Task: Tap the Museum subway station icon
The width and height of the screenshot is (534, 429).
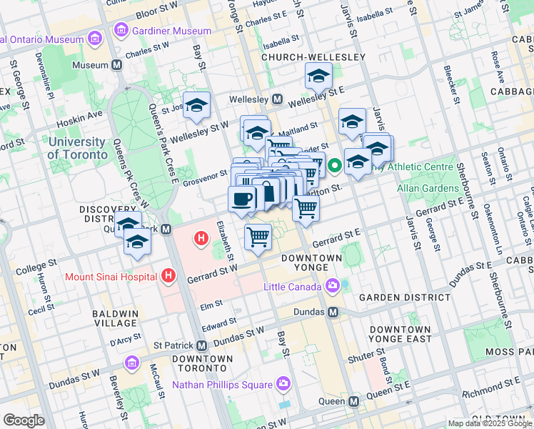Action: point(117,65)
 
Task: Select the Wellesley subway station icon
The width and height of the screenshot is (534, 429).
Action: point(277,99)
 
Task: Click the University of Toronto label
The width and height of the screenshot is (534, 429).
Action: point(76,147)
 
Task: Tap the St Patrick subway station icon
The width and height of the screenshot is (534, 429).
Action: point(202,345)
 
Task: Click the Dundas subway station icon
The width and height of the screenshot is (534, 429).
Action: point(333,312)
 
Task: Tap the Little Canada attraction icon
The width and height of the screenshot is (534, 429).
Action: point(333,287)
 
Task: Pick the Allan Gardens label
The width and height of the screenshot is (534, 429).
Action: point(428,188)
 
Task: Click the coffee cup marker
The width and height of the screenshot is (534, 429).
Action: point(242,199)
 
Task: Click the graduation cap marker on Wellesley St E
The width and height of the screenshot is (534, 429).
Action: point(318,76)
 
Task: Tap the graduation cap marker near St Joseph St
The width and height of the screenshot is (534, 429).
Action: point(196,105)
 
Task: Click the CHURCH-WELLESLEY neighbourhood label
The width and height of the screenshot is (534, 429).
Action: point(313,56)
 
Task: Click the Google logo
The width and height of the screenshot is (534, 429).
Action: point(24,420)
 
